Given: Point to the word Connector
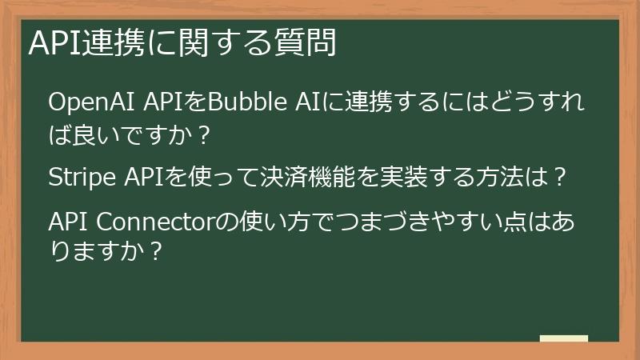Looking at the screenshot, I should [x=161, y=220].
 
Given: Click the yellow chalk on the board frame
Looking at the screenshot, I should [x=563, y=339].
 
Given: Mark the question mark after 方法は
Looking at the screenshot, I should [x=561, y=178].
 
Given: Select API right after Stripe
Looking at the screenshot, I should [x=142, y=177].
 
